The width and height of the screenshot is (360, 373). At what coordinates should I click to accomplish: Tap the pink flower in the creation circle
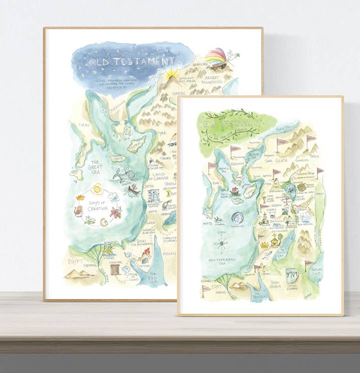tap(115, 212)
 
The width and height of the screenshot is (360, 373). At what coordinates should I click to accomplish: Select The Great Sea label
tap(95, 168)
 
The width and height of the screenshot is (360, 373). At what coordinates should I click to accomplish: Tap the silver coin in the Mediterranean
tap(237, 219)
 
